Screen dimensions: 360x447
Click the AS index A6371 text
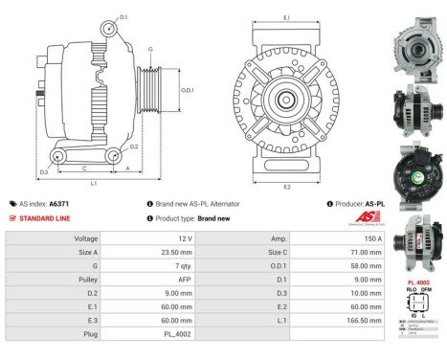click(x=43, y=204)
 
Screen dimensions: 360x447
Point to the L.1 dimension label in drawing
click(x=93, y=182)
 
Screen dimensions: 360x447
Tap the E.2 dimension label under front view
click(x=286, y=187)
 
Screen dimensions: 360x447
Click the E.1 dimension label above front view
click(x=286, y=18)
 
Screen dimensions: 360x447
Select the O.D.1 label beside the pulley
click(x=188, y=90)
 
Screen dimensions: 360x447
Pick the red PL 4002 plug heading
click(x=417, y=283)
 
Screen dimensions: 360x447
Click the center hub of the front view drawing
click(x=286, y=100)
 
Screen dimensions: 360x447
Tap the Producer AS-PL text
click(x=360, y=204)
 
